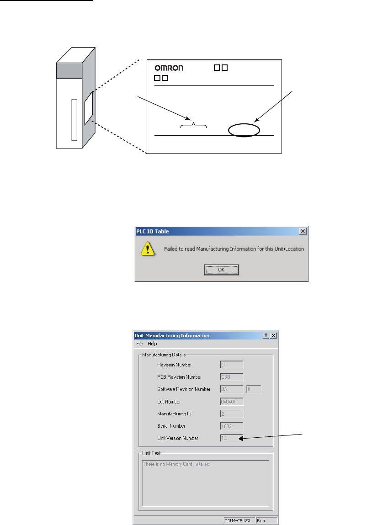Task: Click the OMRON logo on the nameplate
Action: point(168,68)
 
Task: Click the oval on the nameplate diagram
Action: point(244,130)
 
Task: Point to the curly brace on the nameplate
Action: point(194,125)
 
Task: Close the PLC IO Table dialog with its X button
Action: point(303,231)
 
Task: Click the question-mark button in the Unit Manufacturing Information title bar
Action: point(266,335)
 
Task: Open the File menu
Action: point(139,344)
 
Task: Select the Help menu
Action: point(152,344)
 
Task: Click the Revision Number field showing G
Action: point(232,365)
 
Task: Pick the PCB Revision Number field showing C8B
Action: point(232,377)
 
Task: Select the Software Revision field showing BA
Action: point(232,389)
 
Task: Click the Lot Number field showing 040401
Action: point(232,402)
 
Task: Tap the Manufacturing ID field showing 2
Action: point(232,414)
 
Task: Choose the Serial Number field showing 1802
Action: point(232,426)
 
